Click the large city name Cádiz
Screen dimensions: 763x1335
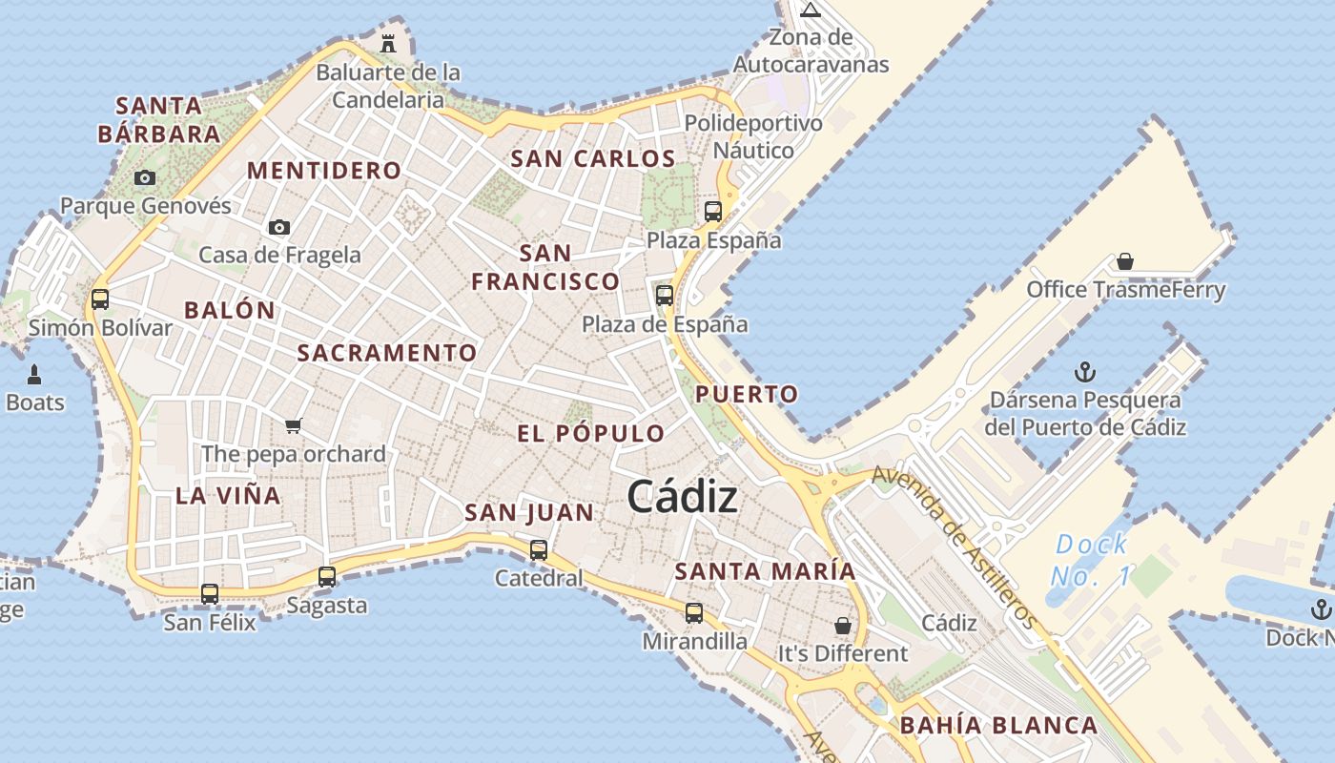point(682,497)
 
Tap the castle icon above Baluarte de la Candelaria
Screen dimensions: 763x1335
point(388,43)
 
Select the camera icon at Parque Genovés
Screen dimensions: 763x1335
point(145,177)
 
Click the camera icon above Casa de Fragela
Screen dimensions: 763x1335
point(278,227)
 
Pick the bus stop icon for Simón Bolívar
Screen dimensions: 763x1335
point(100,299)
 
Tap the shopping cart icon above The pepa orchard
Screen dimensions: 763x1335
point(294,425)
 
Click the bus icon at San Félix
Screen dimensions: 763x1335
point(210,594)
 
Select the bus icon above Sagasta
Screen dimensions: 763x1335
point(327,576)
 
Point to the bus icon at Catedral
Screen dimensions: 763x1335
point(539,549)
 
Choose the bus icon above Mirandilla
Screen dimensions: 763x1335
point(694,612)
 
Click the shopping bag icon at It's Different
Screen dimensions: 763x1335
point(843,626)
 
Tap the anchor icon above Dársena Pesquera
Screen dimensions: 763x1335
point(1084,371)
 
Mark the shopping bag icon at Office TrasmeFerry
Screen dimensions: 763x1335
point(1125,260)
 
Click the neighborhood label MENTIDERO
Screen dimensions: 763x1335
point(324,171)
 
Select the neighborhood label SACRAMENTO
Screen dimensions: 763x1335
point(386,353)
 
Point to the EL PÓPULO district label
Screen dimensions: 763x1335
point(590,434)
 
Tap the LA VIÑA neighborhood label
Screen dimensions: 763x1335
point(228,496)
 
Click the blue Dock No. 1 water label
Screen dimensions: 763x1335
point(1092,561)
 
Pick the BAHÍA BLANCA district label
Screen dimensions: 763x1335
point(998,726)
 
